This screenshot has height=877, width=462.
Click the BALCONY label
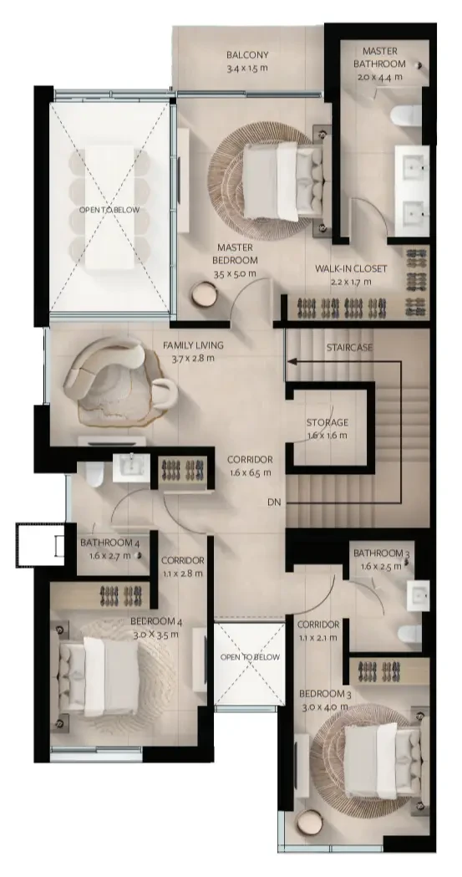247,55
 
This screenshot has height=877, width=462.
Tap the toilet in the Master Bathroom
406,115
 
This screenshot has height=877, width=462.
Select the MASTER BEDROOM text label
236,254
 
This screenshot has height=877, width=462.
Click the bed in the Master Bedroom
283,181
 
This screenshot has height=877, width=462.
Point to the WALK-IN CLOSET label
351,269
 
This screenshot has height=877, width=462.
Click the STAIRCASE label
349,347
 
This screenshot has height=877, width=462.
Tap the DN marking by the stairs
274,502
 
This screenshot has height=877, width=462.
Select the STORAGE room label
327,422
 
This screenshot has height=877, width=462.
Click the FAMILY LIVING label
193,345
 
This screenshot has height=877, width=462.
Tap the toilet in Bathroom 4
94,474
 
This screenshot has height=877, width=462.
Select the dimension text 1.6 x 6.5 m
250,472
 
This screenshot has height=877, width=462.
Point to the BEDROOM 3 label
325,694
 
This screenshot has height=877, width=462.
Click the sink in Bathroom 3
418,595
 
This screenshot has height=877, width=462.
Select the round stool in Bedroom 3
309,823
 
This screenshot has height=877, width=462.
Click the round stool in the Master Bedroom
204,294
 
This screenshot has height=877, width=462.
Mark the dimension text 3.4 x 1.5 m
247,69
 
